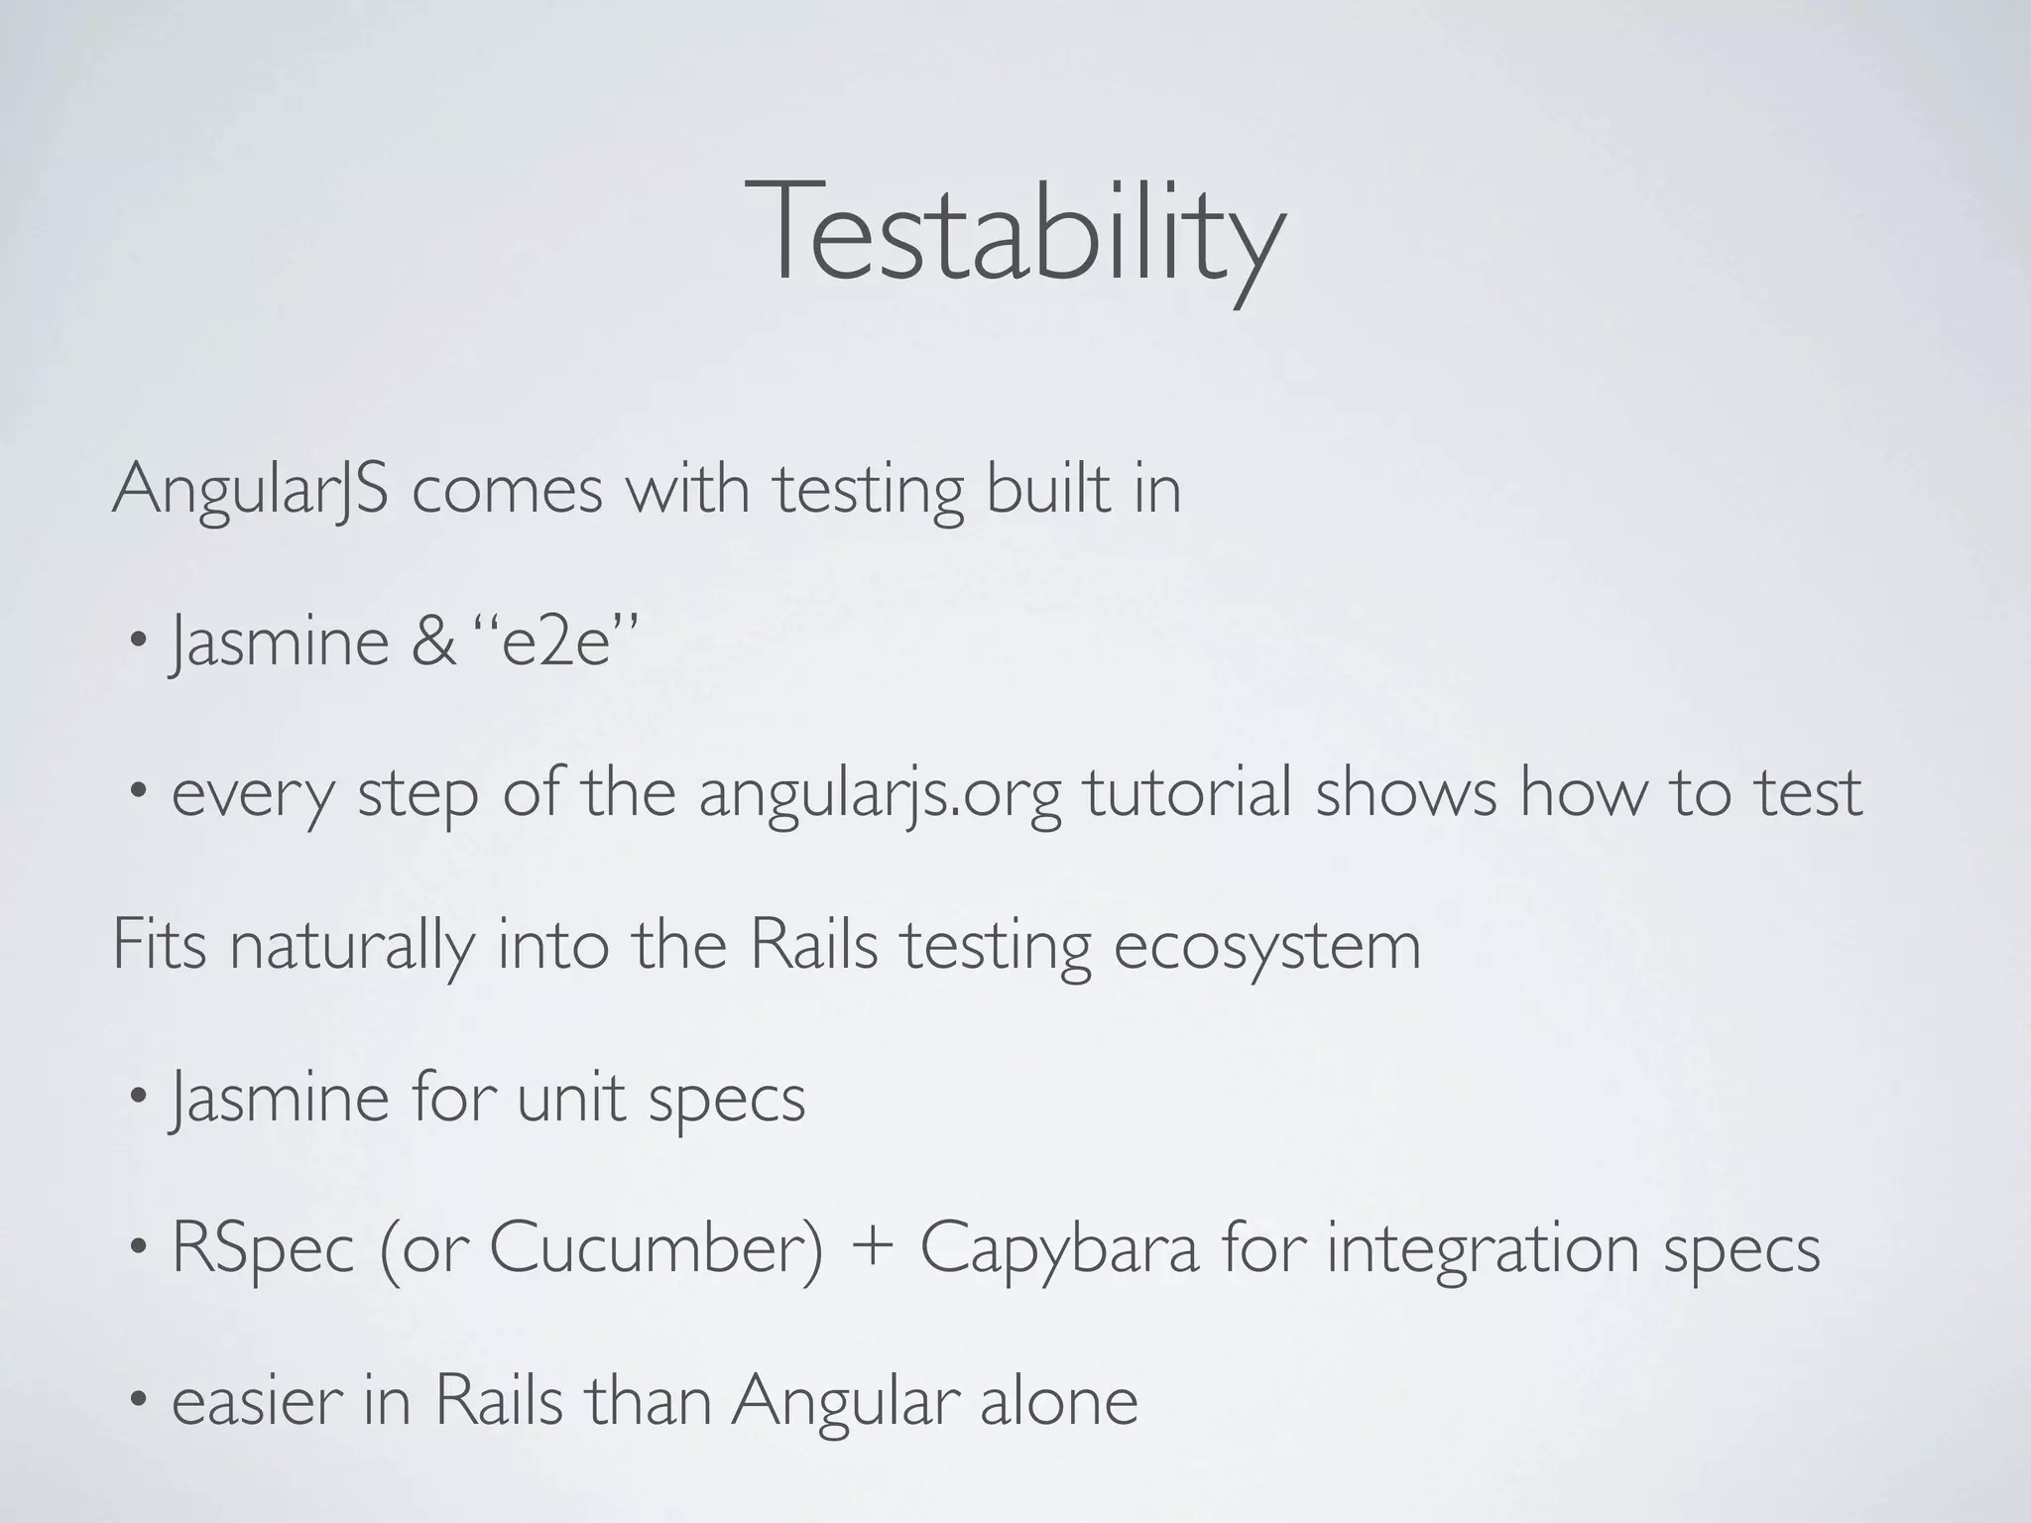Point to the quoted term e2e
[555, 642]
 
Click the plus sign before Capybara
[872, 1249]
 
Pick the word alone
[1058, 1400]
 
